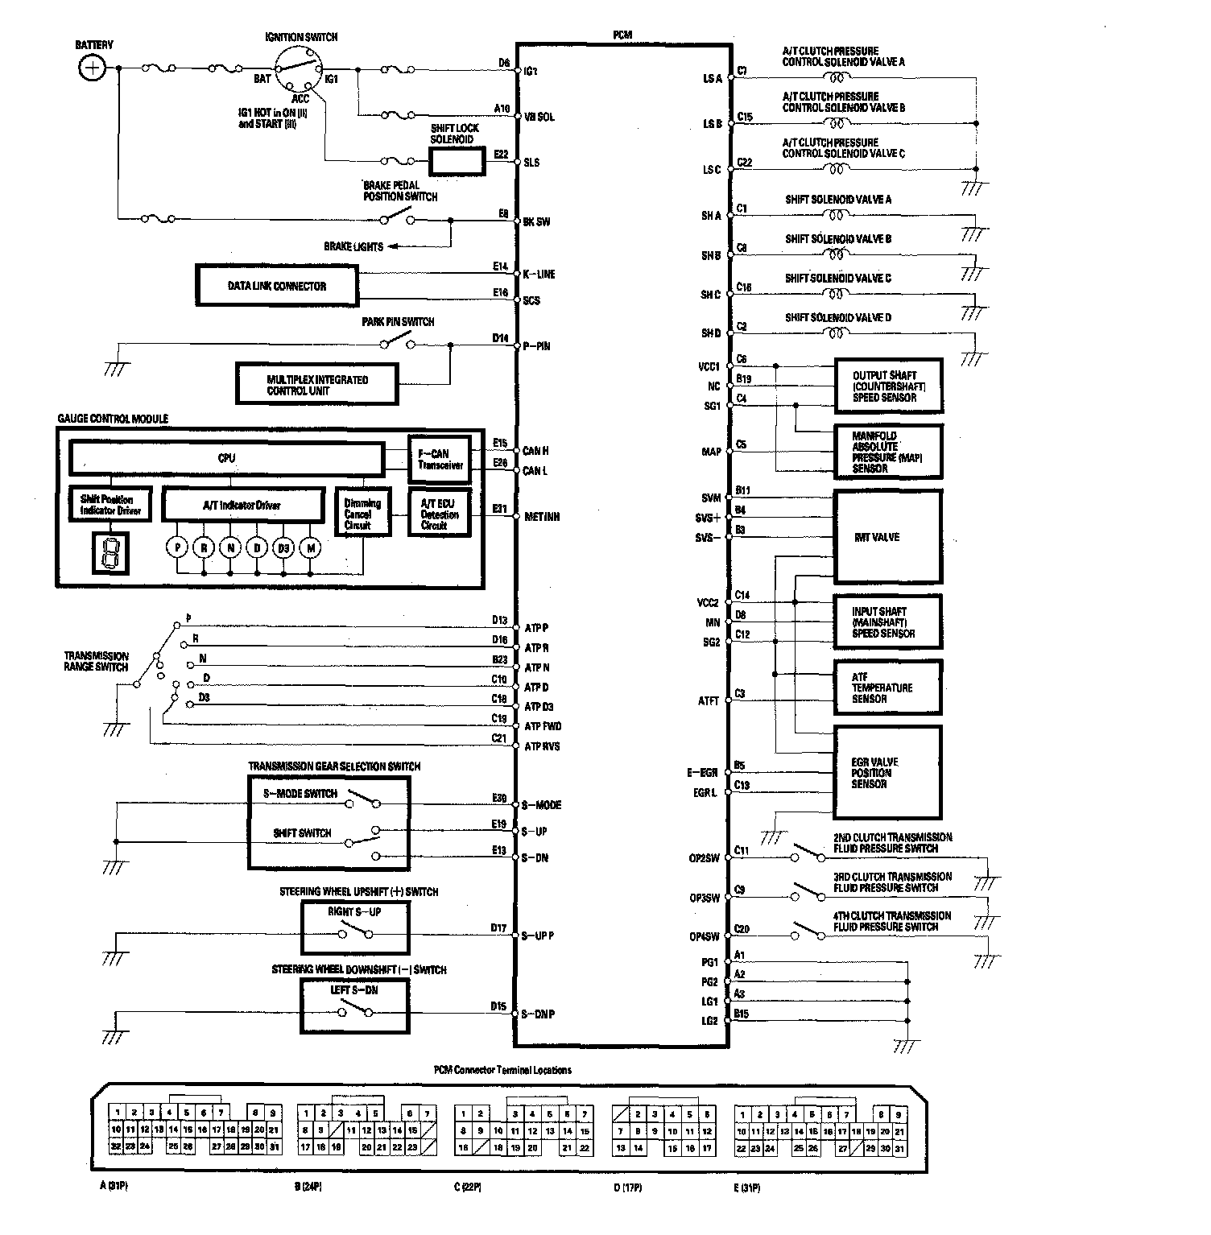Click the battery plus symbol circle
point(93,68)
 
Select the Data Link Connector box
point(277,286)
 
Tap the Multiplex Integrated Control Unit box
point(317,385)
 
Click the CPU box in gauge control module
point(226,458)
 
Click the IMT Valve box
point(887,537)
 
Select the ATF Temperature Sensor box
point(887,688)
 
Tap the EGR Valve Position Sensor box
point(887,773)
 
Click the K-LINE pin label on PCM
point(539,274)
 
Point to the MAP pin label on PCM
point(711,452)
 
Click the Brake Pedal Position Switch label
point(400,191)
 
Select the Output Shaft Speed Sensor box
point(887,386)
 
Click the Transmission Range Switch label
point(96,661)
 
